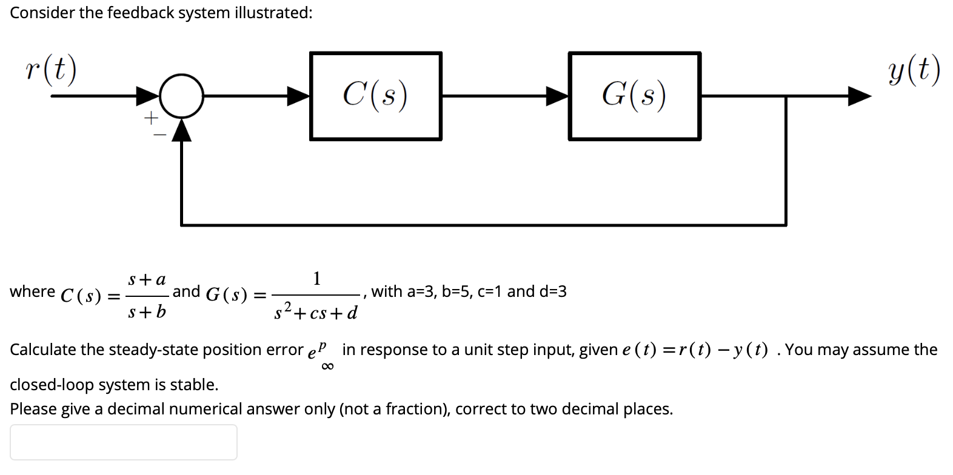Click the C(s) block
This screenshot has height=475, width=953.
(375, 96)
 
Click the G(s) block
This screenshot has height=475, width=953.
(634, 96)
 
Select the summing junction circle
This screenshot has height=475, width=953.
(181, 96)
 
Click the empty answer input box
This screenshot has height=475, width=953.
(123, 442)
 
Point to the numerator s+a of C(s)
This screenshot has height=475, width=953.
(146, 280)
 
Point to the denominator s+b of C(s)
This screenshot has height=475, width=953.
(146, 313)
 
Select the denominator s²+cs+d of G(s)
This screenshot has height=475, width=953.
(315, 313)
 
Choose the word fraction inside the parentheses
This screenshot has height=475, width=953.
(414, 409)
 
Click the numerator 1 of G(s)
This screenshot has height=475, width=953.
(316, 279)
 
